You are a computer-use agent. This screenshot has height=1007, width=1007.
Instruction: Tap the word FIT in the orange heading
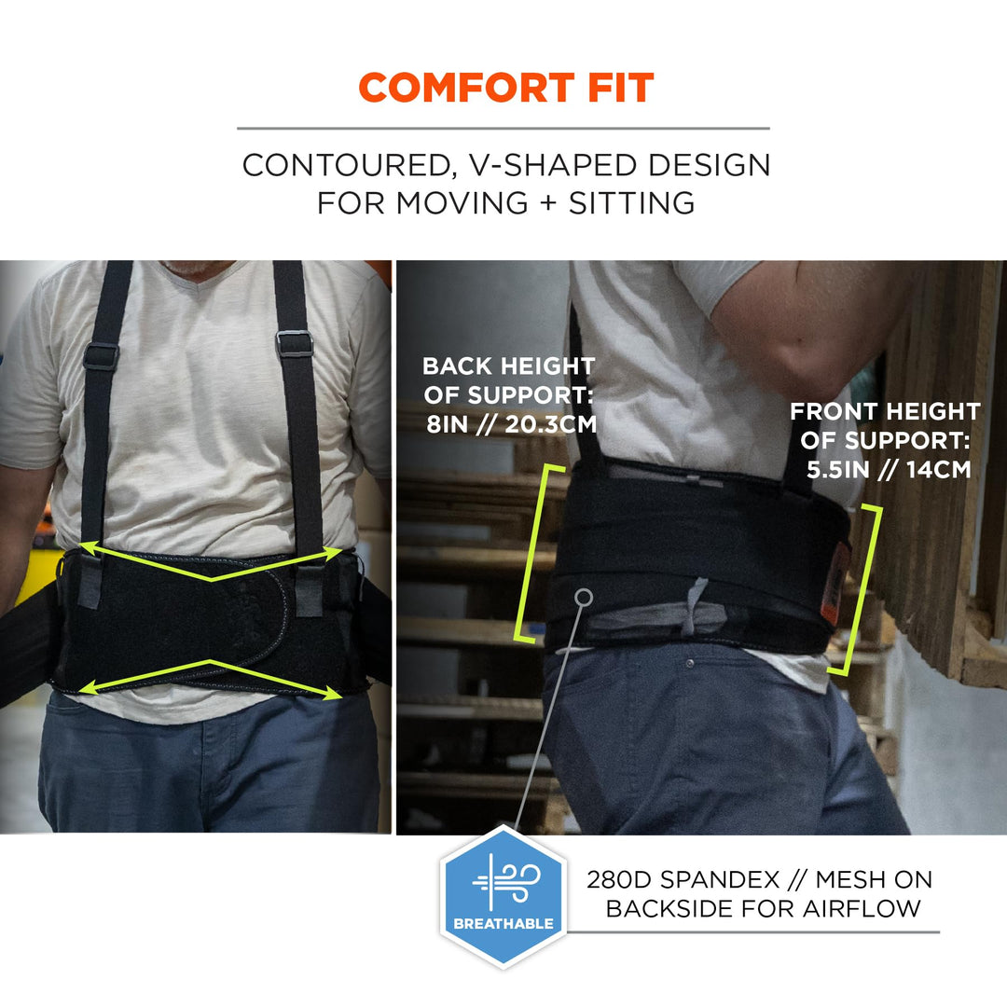click(621, 88)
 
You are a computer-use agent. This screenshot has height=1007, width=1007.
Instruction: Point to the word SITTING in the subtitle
click(631, 203)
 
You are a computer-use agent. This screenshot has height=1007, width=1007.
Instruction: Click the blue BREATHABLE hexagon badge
click(503, 897)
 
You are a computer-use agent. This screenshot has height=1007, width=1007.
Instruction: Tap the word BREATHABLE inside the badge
click(503, 923)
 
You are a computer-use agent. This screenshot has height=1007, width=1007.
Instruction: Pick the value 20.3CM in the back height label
click(551, 424)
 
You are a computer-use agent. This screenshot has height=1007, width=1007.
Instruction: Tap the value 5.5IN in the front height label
click(837, 469)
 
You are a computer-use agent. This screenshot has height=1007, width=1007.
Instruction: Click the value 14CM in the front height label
click(938, 469)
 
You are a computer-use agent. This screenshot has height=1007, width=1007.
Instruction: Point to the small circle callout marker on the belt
click(584, 598)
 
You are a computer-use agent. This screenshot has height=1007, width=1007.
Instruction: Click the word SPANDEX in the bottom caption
click(720, 879)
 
